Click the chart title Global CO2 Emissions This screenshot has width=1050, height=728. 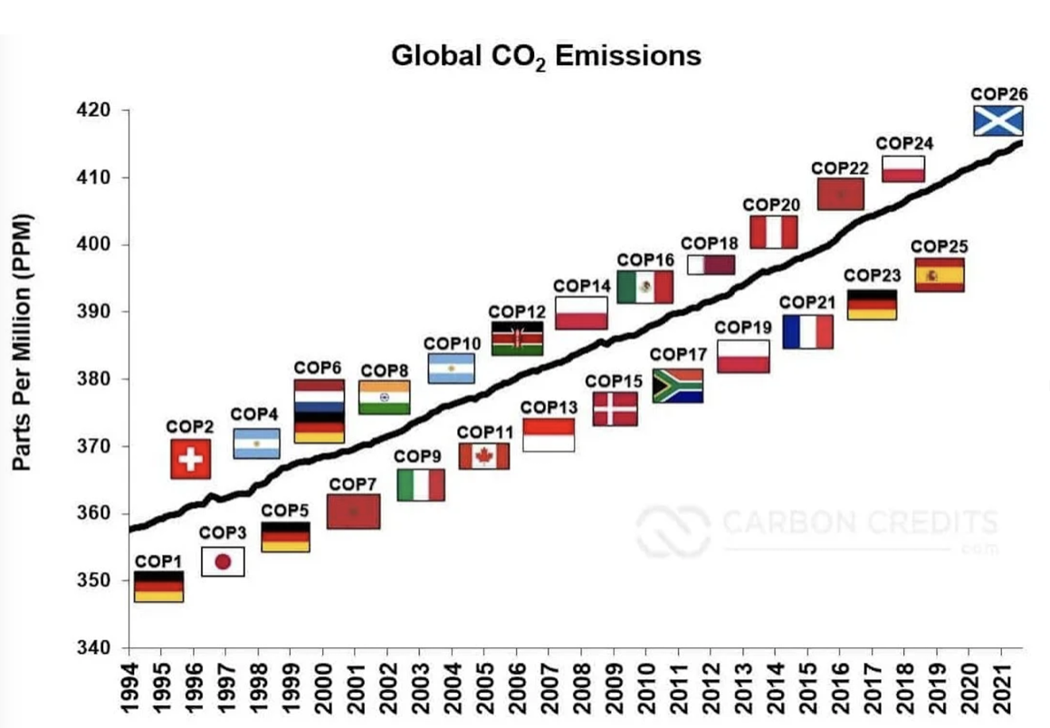546,56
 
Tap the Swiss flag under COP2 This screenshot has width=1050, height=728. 190,459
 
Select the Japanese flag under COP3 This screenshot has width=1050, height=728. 223,561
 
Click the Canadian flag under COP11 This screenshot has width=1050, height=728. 483,456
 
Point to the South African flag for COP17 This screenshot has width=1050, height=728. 677,386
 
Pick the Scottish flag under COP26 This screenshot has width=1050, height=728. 997,120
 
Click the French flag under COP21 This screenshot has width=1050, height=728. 807,331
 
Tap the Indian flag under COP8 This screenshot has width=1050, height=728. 385,398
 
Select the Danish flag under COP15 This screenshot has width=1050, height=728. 616,409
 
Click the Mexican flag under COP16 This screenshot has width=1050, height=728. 644,287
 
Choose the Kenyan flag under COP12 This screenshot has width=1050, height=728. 517,338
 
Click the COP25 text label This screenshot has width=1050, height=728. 939,246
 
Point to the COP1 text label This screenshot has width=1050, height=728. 157,560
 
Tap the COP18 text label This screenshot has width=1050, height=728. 710,243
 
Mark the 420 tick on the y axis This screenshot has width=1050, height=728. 97,110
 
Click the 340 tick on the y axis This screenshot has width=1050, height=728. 97,648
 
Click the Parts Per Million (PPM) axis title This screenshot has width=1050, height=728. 23,341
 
